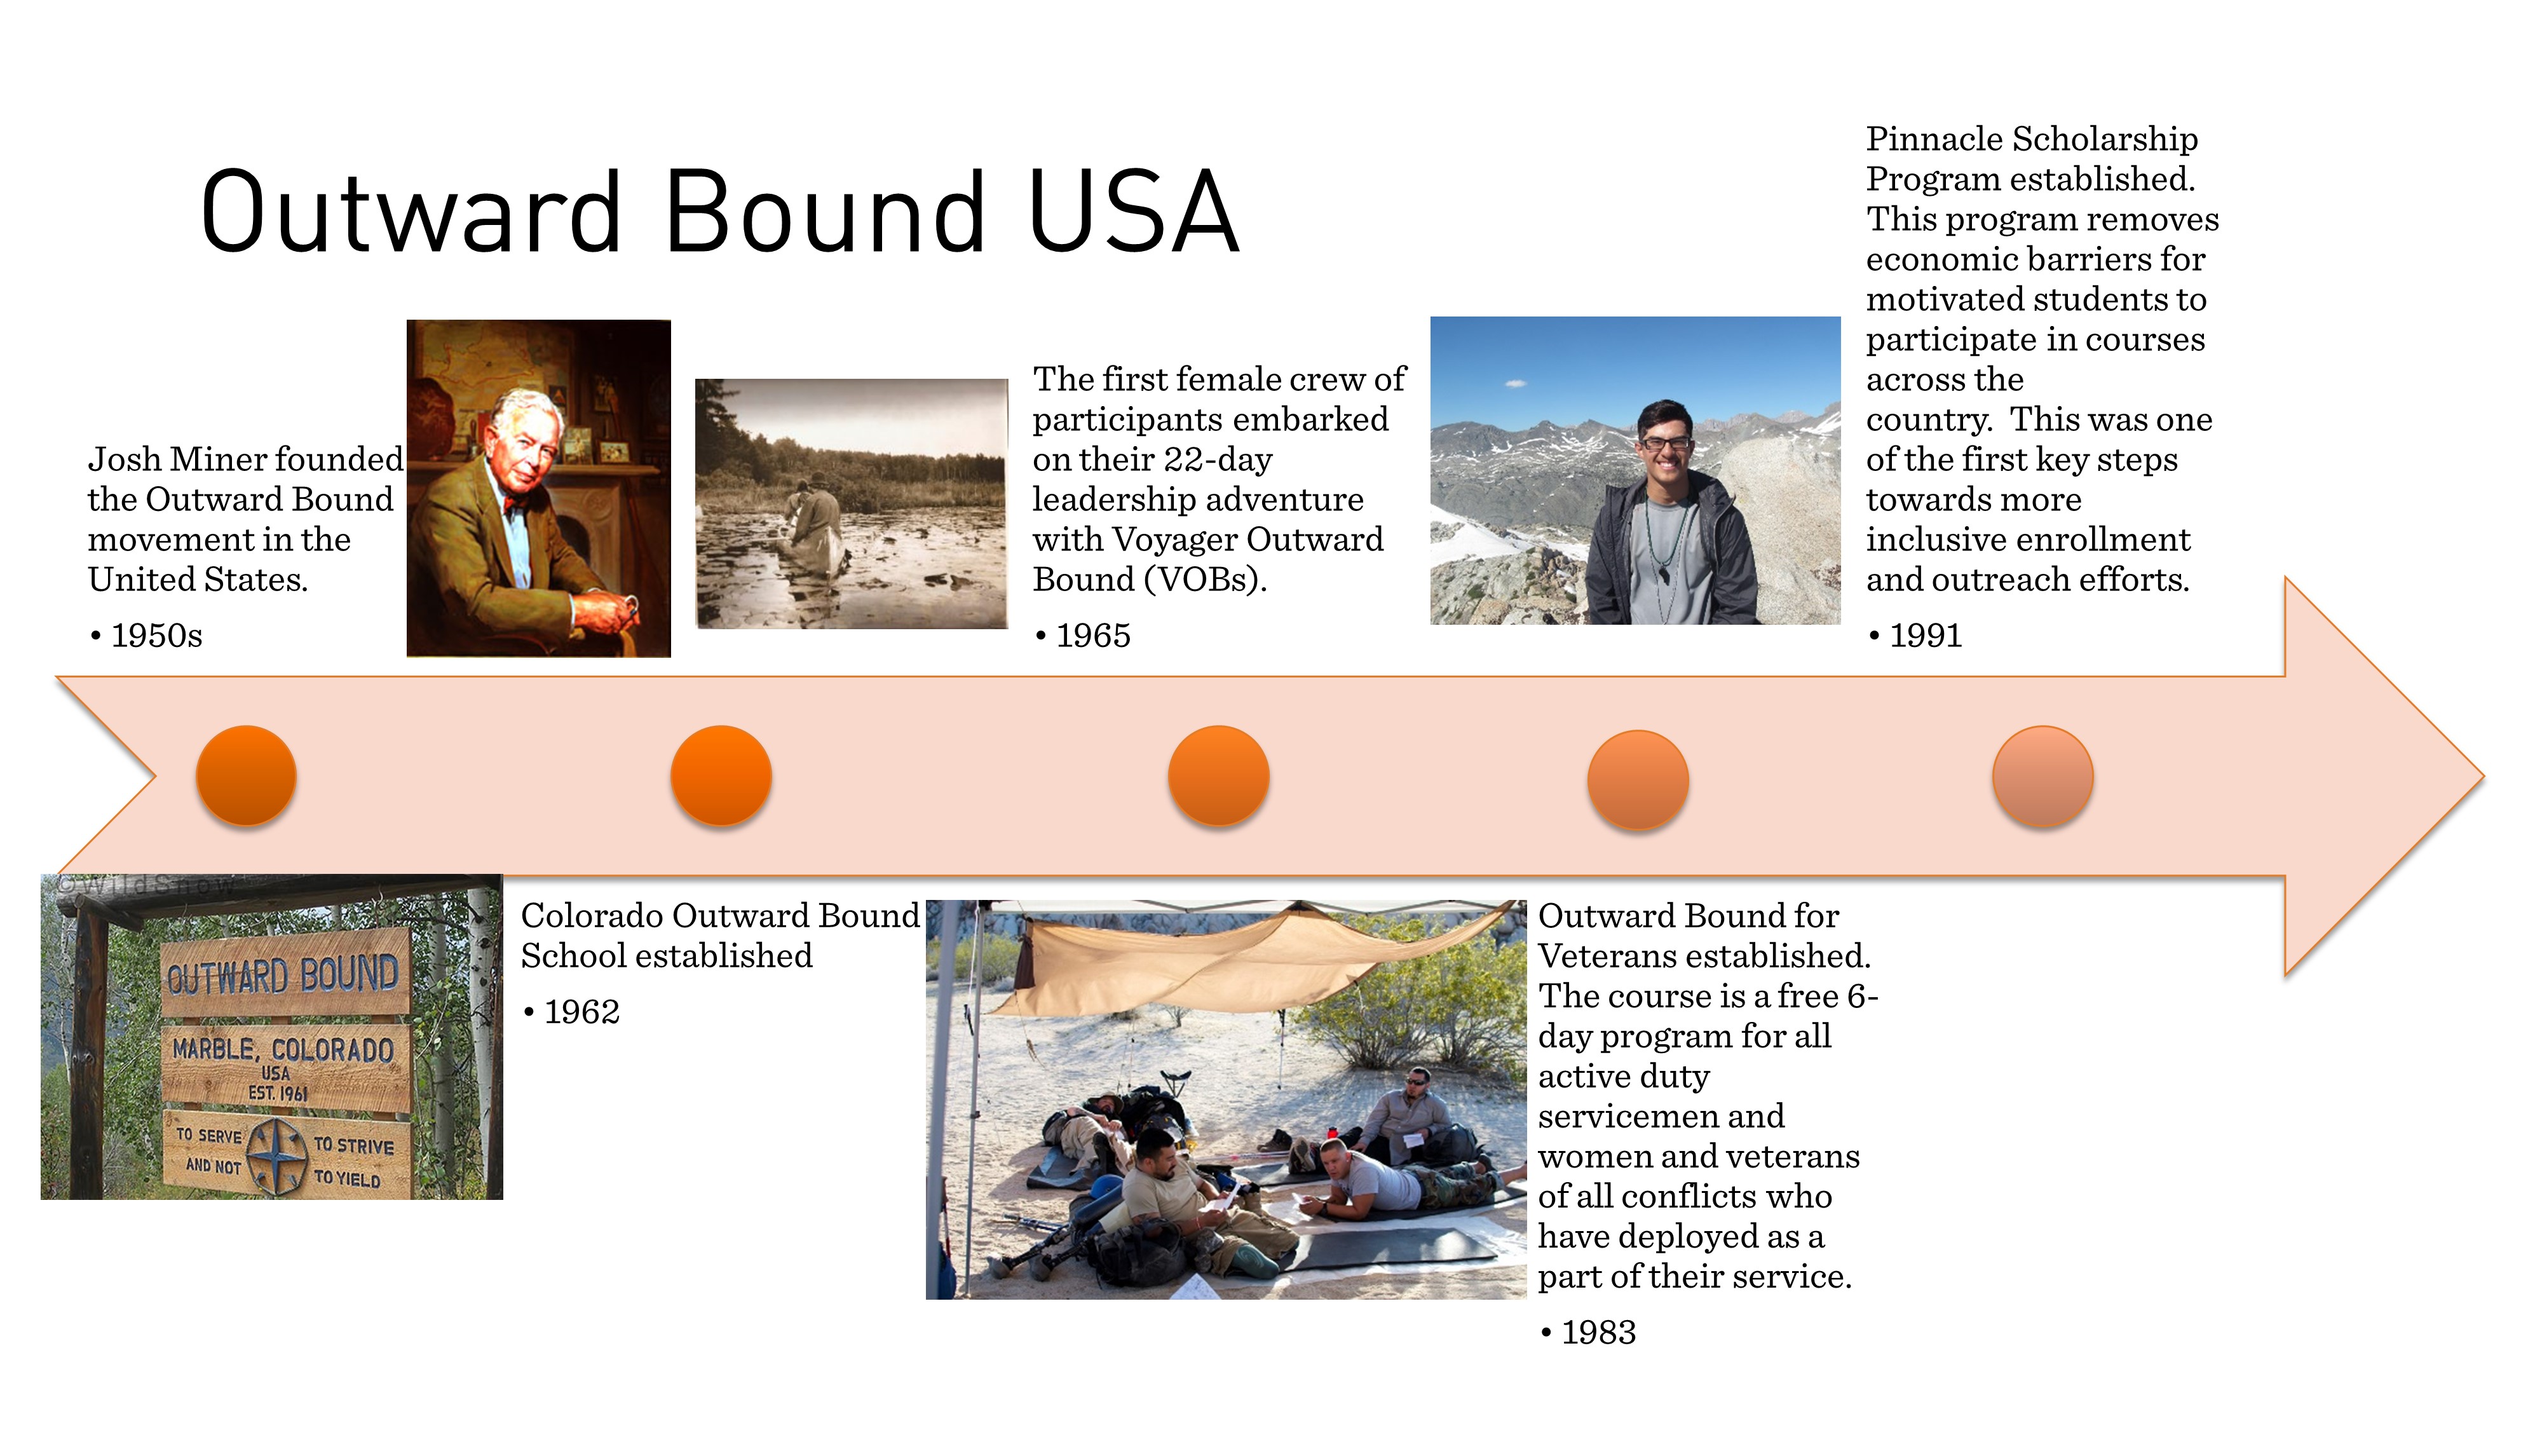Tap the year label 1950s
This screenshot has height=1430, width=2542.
click(x=157, y=636)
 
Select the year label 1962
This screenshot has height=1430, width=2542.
click(x=582, y=1012)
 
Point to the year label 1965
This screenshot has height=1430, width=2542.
click(x=1093, y=636)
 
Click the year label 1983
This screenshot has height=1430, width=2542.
click(x=1599, y=1332)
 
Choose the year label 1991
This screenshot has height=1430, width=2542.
click(x=1926, y=636)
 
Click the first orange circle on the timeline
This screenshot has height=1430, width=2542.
click(x=247, y=775)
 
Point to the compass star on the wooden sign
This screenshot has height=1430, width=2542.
click(x=276, y=1153)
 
